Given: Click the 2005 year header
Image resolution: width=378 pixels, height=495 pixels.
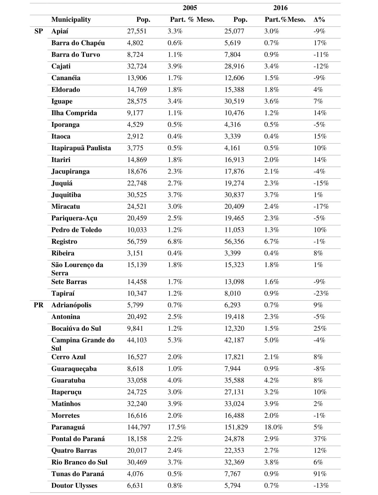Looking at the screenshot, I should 190,8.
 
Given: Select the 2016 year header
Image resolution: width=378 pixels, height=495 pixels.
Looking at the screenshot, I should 280,8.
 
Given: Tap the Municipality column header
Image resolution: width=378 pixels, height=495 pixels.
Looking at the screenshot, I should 71,20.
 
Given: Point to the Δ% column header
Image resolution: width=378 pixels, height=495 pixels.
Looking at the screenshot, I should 319,20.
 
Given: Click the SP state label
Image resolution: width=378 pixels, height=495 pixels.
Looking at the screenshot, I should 39,31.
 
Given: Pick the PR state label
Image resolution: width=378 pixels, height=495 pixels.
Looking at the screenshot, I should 39,305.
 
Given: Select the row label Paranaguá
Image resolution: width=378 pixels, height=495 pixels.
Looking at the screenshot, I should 68,427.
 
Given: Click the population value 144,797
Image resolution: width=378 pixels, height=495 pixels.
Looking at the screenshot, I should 139,427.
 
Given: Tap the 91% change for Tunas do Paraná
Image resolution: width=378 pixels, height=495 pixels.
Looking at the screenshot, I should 320,474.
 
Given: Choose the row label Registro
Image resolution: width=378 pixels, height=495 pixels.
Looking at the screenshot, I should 64,242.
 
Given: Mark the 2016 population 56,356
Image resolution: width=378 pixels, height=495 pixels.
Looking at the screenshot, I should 234,242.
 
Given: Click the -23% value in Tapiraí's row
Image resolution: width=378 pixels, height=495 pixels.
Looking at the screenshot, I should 321,293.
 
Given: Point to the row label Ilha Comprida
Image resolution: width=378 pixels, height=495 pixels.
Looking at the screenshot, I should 74,113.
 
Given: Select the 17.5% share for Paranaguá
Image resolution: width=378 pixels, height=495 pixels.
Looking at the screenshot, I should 177,427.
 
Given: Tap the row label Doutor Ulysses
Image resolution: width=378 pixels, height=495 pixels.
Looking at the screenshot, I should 74,485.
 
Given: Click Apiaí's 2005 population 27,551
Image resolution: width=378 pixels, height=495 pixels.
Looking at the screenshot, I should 137,31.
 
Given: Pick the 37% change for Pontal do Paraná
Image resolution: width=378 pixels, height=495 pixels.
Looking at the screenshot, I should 320,439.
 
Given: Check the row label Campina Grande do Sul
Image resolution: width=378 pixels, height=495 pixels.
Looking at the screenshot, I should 83,344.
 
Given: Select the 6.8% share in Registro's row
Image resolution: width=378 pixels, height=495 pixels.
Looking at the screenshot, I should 175,242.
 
